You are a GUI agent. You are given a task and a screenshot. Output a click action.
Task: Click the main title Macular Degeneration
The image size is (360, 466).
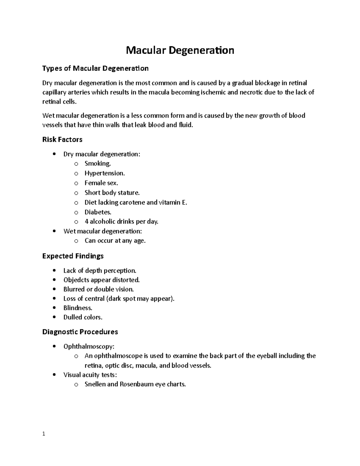pos(180,50)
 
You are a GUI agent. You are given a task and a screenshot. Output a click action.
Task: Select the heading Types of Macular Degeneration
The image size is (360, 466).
pos(95,68)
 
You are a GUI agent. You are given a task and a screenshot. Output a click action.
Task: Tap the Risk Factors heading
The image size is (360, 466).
pos(62,140)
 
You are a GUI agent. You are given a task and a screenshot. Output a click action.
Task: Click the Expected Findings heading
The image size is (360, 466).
pos(73,256)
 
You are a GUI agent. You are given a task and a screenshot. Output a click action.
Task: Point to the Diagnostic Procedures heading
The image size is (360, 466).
pos(80,332)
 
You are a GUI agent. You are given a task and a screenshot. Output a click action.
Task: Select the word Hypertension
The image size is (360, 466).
pos(104,173)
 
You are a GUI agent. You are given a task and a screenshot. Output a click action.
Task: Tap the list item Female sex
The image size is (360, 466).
pos(101,183)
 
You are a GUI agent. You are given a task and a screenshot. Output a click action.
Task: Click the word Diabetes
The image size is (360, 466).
pos(98,212)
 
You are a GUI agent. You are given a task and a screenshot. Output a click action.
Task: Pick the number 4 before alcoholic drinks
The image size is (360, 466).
pos(86,222)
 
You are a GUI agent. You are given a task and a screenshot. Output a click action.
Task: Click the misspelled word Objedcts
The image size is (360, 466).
pos(76,280)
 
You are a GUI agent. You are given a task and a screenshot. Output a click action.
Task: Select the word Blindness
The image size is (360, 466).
pos(78,308)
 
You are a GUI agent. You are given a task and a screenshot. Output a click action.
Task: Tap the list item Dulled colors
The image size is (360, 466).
pos(83,317)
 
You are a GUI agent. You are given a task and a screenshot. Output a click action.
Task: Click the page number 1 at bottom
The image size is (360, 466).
pos(44,434)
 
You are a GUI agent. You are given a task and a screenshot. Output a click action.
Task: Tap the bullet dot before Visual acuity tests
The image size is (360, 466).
pos(54,375)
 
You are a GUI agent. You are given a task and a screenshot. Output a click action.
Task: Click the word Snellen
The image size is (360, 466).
pos(95,384)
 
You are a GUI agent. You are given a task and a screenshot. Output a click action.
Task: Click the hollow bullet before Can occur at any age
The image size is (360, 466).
pos(76,241)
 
